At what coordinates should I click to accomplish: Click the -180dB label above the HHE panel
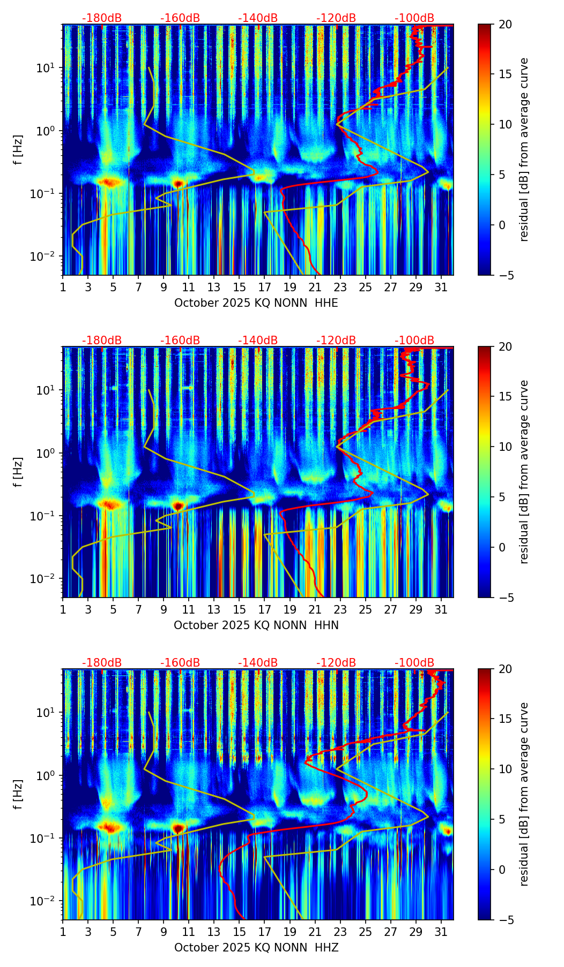click(102, 18)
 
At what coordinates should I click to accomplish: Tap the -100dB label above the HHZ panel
click(414, 663)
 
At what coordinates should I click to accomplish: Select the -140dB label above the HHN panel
click(258, 341)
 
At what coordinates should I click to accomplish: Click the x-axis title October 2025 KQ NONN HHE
click(256, 303)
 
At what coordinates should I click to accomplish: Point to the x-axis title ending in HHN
click(256, 625)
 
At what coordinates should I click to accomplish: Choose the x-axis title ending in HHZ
click(256, 948)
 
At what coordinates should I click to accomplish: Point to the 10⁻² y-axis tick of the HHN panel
click(47, 579)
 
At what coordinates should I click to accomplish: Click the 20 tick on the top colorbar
click(505, 24)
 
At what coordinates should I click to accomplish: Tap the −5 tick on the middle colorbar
click(505, 598)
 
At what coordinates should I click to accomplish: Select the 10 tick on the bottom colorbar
click(505, 769)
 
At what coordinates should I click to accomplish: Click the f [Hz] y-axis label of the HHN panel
click(19, 472)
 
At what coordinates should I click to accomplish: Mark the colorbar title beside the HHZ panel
click(524, 794)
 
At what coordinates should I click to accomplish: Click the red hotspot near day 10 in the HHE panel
click(179, 184)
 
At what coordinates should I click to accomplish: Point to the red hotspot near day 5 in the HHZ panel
click(111, 827)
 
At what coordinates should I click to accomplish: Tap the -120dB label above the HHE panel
click(336, 18)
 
